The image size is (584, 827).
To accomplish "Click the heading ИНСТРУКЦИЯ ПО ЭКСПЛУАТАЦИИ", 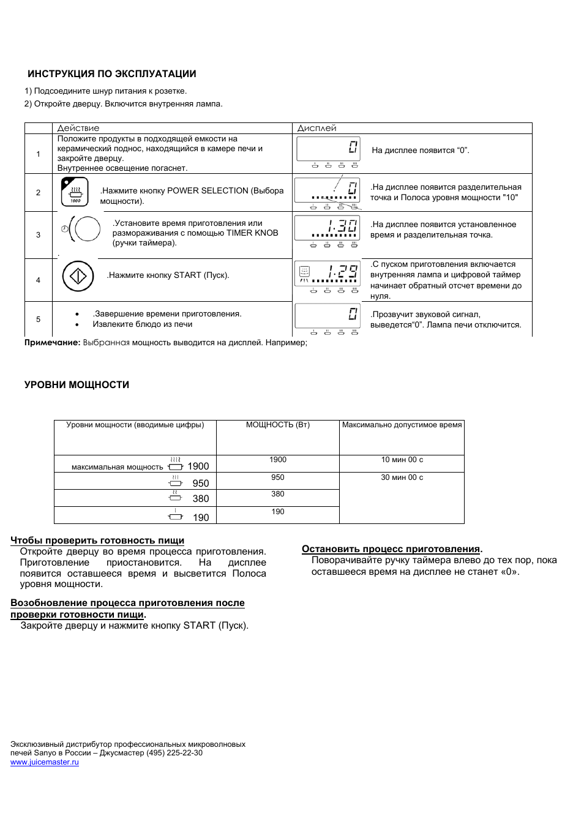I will click(x=111, y=74).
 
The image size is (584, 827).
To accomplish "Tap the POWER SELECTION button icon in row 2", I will click(x=75, y=192).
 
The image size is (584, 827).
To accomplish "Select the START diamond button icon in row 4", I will click(x=78, y=276).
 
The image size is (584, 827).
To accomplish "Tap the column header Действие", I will click(x=78, y=128).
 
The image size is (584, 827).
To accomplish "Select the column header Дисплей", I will click(x=316, y=128).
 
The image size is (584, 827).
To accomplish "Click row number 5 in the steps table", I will click(x=38, y=320).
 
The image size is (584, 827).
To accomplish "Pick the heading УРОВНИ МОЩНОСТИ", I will click(x=77, y=385).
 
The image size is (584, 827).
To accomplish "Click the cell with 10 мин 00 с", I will click(x=402, y=460).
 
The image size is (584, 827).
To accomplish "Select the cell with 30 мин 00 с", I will click(x=402, y=477).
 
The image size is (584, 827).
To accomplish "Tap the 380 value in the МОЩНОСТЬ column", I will click(x=278, y=494).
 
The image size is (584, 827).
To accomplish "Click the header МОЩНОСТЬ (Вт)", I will click(x=278, y=425).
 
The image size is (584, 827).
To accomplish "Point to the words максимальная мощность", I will click(x=117, y=467).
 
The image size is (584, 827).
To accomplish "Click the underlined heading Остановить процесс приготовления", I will click(x=391, y=549).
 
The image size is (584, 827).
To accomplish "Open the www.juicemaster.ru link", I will click(x=45, y=762).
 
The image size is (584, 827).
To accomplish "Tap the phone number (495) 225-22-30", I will click(x=174, y=753).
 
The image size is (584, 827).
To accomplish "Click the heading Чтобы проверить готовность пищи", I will click(x=97, y=541).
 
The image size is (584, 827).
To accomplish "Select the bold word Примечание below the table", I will click(x=51, y=343).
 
